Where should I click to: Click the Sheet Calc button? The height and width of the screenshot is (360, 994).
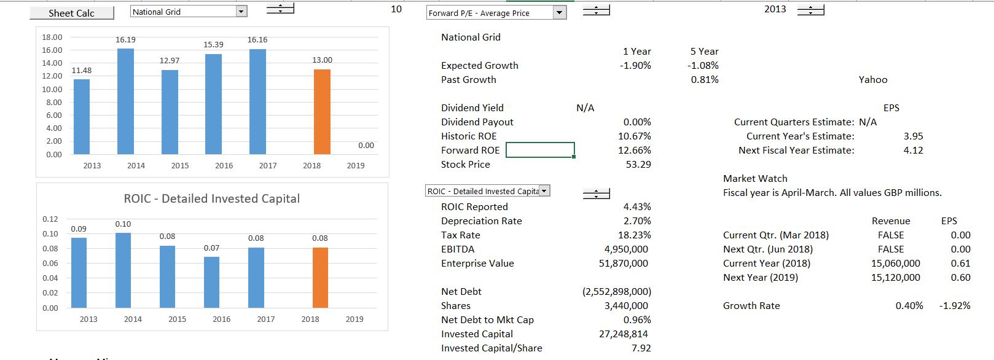[71, 13]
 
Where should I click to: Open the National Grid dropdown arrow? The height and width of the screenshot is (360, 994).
[241, 12]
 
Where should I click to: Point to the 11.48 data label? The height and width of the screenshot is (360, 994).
[81, 71]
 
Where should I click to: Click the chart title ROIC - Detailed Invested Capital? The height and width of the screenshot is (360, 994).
[212, 198]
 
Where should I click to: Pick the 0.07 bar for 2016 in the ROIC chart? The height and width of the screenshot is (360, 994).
[211, 282]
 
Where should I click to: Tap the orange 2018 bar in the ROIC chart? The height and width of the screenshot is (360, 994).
[320, 278]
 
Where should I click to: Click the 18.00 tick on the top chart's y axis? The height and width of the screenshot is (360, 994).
[52, 37]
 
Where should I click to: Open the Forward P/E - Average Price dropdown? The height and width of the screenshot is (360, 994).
[558, 13]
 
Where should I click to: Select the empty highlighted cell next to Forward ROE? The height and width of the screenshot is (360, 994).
[540, 150]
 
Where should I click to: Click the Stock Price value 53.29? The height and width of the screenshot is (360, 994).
[638, 165]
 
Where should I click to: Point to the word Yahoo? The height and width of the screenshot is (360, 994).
[872, 80]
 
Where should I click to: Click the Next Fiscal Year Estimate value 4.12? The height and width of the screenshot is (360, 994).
[913, 151]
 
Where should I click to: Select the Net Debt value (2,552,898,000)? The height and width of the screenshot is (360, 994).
[616, 292]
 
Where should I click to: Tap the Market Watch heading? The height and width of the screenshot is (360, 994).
[755, 179]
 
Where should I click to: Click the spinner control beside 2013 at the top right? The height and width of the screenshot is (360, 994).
[810, 10]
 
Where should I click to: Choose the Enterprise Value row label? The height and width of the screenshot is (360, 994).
[477, 264]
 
